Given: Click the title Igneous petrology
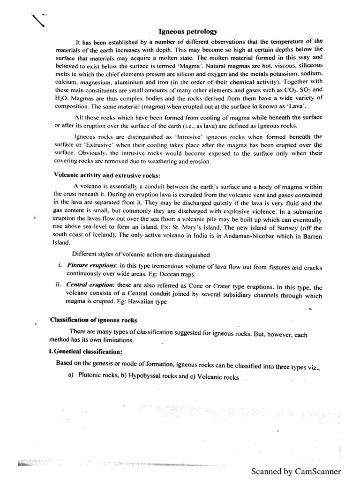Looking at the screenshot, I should click(x=188, y=32).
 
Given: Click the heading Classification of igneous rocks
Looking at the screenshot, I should click(x=93, y=320).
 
